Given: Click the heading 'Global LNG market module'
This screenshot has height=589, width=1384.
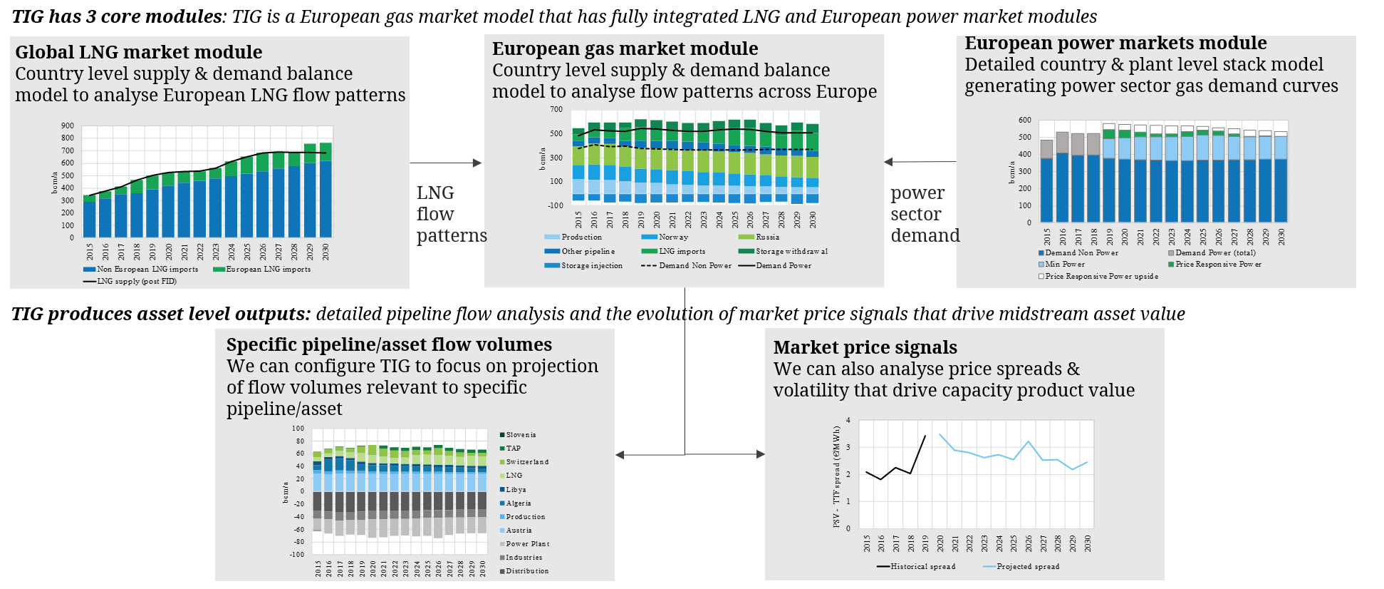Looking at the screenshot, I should pyautogui.click(x=139, y=52).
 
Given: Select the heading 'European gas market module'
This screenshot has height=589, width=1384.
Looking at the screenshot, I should pyautogui.click(x=625, y=48).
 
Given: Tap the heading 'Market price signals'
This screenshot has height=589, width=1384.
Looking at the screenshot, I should pyautogui.click(x=865, y=347).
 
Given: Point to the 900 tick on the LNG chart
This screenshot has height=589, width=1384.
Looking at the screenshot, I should pyautogui.click(x=68, y=126).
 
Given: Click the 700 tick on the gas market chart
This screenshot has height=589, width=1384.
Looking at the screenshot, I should pyautogui.click(x=556, y=109).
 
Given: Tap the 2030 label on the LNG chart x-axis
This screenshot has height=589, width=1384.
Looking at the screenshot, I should pyautogui.click(x=326, y=252).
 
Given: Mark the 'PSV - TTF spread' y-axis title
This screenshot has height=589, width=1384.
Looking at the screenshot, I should pyautogui.click(x=837, y=476).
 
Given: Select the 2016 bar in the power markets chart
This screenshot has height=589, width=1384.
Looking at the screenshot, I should pyautogui.click(x=1062, y=178).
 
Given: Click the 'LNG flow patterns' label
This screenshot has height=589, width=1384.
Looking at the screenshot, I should pyautogui.click(x=449, y=214).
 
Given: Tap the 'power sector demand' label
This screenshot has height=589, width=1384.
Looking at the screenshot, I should pyautogui.click(x=924, y=214).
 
